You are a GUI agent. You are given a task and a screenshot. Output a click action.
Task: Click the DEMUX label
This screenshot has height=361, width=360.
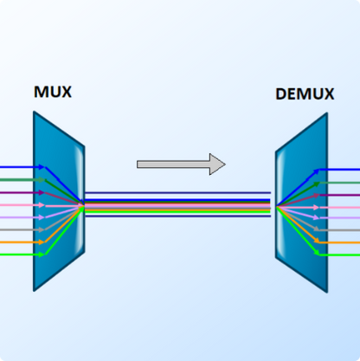[304, 94]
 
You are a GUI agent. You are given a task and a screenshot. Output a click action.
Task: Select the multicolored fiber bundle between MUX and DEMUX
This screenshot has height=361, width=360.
[177, 206]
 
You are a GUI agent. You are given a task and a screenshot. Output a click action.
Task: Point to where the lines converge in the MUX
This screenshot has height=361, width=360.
[82, 206]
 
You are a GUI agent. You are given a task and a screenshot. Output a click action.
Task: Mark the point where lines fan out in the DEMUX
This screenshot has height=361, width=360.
[278, 206]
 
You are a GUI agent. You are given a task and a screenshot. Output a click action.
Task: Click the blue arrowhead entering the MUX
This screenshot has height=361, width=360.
[42, 167]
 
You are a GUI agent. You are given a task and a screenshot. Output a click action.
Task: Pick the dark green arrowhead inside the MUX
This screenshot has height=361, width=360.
[42, 180]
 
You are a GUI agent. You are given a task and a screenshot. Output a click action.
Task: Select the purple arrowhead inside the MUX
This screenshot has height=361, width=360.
[42, 193]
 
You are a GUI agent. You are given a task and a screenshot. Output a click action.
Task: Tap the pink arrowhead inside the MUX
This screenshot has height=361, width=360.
[42, 205]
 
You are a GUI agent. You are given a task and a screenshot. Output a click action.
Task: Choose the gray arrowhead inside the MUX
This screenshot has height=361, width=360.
[42, 230]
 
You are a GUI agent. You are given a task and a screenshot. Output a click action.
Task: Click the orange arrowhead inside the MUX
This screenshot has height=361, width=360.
[42, 242]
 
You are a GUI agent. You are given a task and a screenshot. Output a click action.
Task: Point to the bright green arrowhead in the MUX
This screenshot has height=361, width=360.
[42, 255]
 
